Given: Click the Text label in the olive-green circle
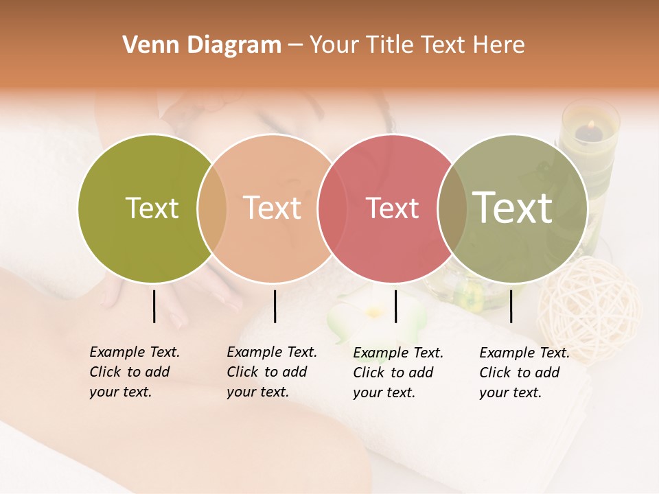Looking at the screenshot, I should [152, 208].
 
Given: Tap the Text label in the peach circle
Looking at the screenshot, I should [272, 208].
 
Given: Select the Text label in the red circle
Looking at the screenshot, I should [392, 208].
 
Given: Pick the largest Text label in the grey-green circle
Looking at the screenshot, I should [512, 207].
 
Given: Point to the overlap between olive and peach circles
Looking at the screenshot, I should [212, 208].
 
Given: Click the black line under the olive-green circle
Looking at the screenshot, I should [154, 306].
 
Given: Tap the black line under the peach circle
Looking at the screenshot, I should [275, 306].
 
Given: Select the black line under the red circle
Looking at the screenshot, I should [395, 306].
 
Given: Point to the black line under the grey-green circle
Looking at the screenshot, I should [511, 306].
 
